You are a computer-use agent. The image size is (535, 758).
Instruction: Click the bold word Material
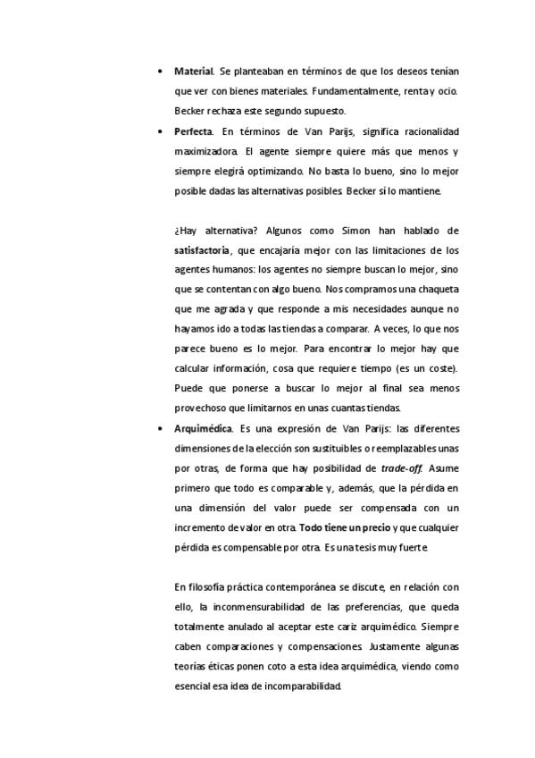click(193, 71)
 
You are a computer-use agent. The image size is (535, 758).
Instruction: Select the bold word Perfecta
click(194, 131)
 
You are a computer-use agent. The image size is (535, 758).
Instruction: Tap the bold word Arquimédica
click(201, 428)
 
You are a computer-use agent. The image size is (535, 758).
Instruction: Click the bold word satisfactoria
click(201, 249)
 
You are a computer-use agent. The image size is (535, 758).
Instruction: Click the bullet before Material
click(159, 71)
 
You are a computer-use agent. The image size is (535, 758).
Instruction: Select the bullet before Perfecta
click(159, 131)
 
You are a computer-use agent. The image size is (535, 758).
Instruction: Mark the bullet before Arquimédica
click(159, 428)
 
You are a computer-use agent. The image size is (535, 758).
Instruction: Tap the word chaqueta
click(434, 290)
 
